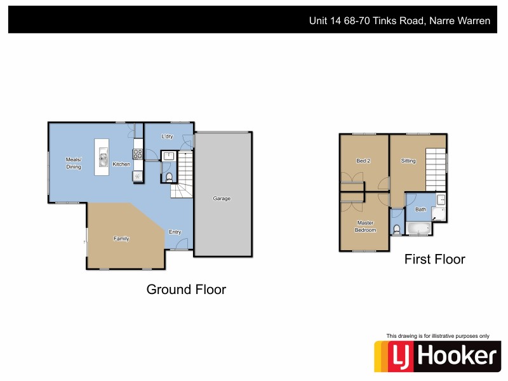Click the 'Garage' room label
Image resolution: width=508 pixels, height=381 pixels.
coord(222,199)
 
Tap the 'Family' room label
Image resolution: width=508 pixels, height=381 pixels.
coord(121,239)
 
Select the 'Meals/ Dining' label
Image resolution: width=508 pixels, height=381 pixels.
coord(74,163)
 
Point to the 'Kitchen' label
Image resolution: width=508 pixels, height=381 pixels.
coord(121,164)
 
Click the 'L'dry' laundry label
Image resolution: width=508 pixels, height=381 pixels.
coord(168,137)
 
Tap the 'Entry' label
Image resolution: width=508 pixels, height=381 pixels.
coord(175,232)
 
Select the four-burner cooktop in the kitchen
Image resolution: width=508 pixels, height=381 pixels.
coord(138,153)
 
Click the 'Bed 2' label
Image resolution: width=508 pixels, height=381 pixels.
coord(363,161)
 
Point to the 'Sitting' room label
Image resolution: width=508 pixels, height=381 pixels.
coord(408,161)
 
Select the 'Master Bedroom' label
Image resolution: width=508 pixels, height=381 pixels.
coord(366,226)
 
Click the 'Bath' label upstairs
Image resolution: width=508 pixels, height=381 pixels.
coord(421,209)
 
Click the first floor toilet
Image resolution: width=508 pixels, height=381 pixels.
coord(397,229)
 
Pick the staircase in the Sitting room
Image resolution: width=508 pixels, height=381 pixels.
coord(435,164)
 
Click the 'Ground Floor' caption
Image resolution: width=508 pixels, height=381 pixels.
coord(186,290)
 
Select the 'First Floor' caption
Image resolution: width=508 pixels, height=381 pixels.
coord(435,259)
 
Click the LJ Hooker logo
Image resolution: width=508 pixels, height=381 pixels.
coord(437,356)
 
